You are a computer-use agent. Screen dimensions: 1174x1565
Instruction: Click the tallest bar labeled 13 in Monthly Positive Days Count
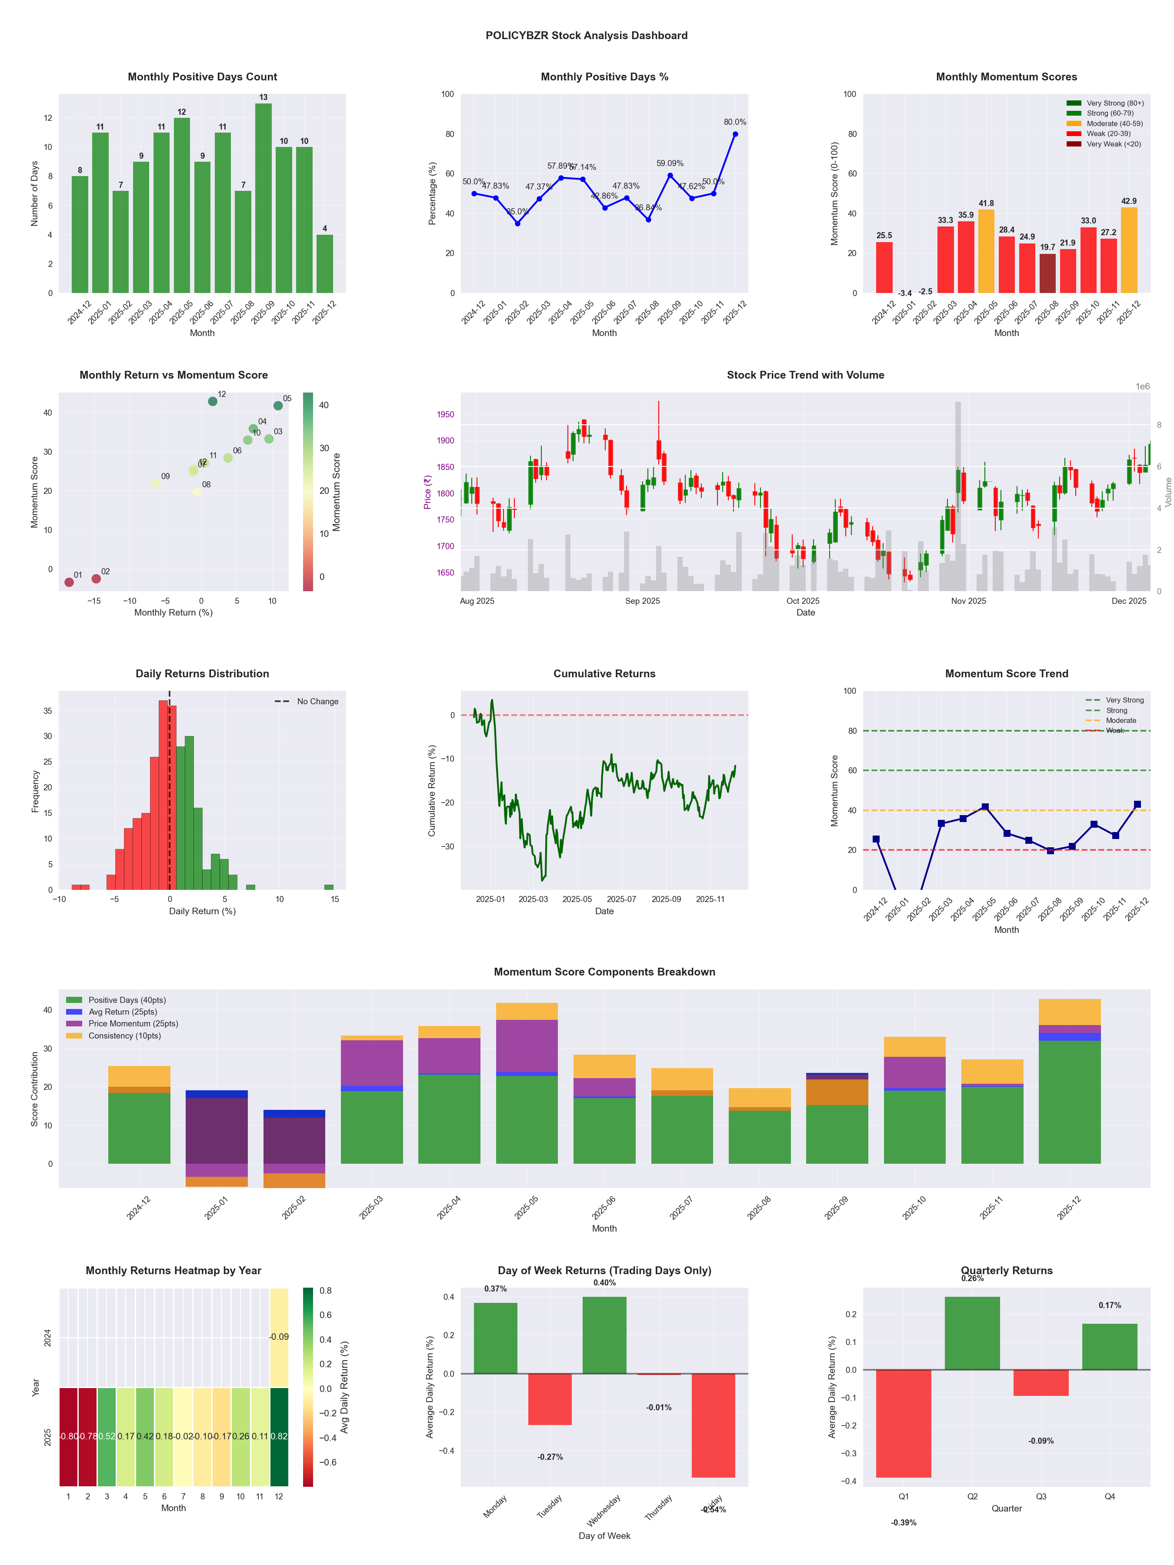[x=263, y=198]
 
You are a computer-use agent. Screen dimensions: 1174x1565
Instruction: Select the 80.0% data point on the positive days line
[x=735, y=134]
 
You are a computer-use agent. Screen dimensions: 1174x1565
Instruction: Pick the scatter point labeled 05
[x=278, y=406]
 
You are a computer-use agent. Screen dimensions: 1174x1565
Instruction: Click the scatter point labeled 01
[x=69, y=582]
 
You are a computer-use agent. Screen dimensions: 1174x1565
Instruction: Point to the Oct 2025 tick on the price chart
[x=803, y=601]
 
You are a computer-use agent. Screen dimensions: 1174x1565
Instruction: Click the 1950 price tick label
[x=446, y=415]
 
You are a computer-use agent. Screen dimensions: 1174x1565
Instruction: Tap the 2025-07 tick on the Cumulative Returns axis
[x=621, y=899]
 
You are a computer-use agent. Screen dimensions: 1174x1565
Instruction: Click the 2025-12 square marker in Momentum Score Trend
[x=1137, y=804]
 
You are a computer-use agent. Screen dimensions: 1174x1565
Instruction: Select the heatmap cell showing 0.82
[x=279, y=1436]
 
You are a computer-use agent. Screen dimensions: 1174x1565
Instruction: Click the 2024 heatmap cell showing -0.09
[x=279, y=1337]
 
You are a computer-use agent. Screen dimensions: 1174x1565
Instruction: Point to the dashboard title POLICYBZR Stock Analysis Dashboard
[x=586, y=35]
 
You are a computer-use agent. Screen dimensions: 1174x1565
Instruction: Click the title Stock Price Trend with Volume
[x=805, y=375]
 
